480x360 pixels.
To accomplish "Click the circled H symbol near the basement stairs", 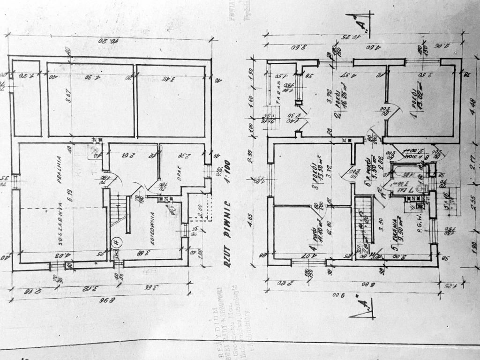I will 117,242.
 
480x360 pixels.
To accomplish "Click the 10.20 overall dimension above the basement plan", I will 109,41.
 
